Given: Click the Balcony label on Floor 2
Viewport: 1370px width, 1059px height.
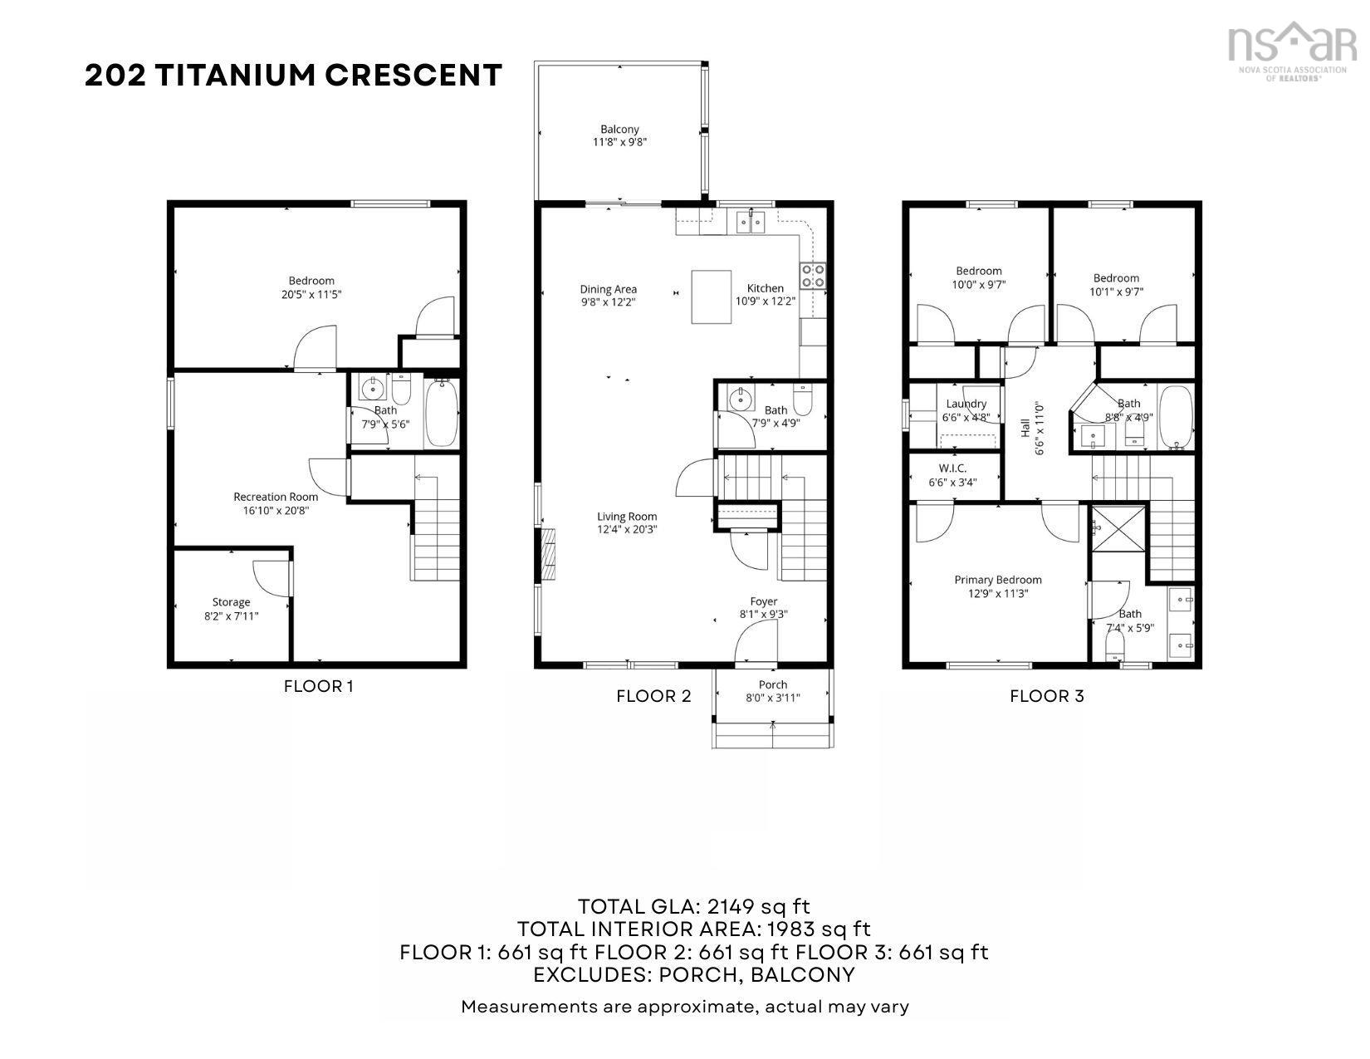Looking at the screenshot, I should [x=619, y=130].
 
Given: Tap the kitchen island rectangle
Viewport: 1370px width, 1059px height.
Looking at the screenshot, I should [x=712, y=297].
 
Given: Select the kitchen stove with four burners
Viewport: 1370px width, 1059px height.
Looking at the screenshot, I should [x=813, y=275].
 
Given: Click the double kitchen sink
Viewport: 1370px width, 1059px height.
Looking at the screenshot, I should [x=751, y=222].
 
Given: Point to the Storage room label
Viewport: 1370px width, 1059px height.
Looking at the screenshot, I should [x=231, y=602].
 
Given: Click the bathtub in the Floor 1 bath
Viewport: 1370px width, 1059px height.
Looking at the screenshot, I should [x=441, y=414].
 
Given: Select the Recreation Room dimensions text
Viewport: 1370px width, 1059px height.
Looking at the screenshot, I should [x=276, y=511].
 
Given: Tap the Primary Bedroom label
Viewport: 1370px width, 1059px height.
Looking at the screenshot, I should [x=997, y=580].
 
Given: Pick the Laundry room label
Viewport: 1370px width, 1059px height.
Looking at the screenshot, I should [x=966, y=404].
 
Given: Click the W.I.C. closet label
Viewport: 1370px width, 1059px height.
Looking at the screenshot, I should [x=952, y=468].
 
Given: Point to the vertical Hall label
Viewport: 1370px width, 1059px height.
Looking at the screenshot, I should [x=1025, y=428].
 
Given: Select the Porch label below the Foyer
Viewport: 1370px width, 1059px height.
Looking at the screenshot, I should [x=772, y=684].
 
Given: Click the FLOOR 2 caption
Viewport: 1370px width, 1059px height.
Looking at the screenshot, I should [x=653, y=696].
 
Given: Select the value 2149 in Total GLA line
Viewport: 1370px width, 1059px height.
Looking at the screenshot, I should [x=736, y=906].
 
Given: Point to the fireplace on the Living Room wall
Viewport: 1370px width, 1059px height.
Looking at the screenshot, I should [x=547, y=556].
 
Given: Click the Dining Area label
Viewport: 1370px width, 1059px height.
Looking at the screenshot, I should [x=608, y=289].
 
